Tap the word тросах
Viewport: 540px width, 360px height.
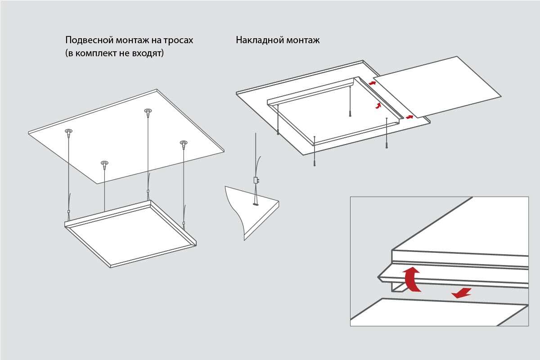point(176,40)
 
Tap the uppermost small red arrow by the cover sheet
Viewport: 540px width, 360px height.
point(372,83)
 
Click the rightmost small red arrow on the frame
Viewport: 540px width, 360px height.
point(409,117)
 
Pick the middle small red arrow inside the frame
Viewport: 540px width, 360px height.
point(378,106)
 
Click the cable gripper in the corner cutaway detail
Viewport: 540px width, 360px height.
point(256,180)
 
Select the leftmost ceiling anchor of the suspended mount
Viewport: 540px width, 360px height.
point(68,132)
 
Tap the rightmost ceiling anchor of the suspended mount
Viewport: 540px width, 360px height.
point(183,144)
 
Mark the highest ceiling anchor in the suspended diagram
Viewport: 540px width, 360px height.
point(148,111)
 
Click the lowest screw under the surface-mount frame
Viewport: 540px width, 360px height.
point(314,163)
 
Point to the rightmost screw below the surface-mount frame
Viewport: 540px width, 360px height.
point(387,145)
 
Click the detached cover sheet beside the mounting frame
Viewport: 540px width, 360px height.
point(436,85)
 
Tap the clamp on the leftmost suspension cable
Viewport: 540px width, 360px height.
point(69,211)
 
